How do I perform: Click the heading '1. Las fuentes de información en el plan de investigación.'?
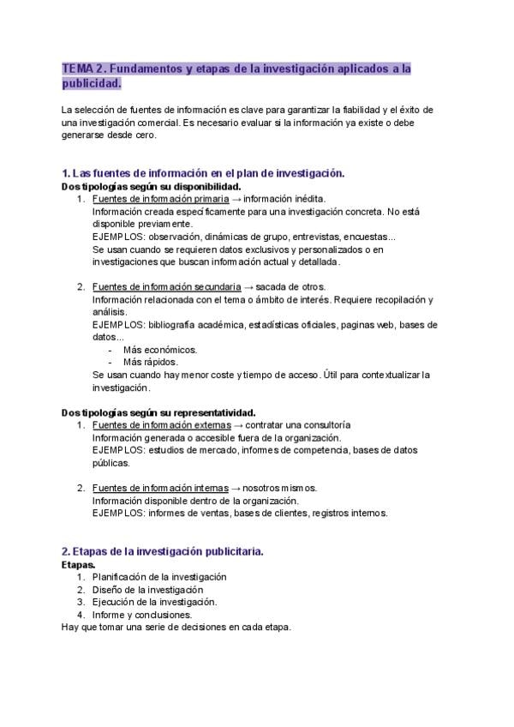[x=203, y=172]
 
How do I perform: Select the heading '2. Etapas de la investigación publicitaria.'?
[x=163, y=550]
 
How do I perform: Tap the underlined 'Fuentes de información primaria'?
[x=155, y=198]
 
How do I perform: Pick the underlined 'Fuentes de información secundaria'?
[x=161, y=285]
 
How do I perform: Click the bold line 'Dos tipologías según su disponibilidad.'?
[x=152, y=185]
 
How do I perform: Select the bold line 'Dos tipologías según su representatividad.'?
[x=158, y=412]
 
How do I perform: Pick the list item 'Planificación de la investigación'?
[x=159, y=577]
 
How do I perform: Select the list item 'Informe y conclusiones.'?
[x=142, y=614]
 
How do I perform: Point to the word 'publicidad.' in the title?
[x=92, y=84]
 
